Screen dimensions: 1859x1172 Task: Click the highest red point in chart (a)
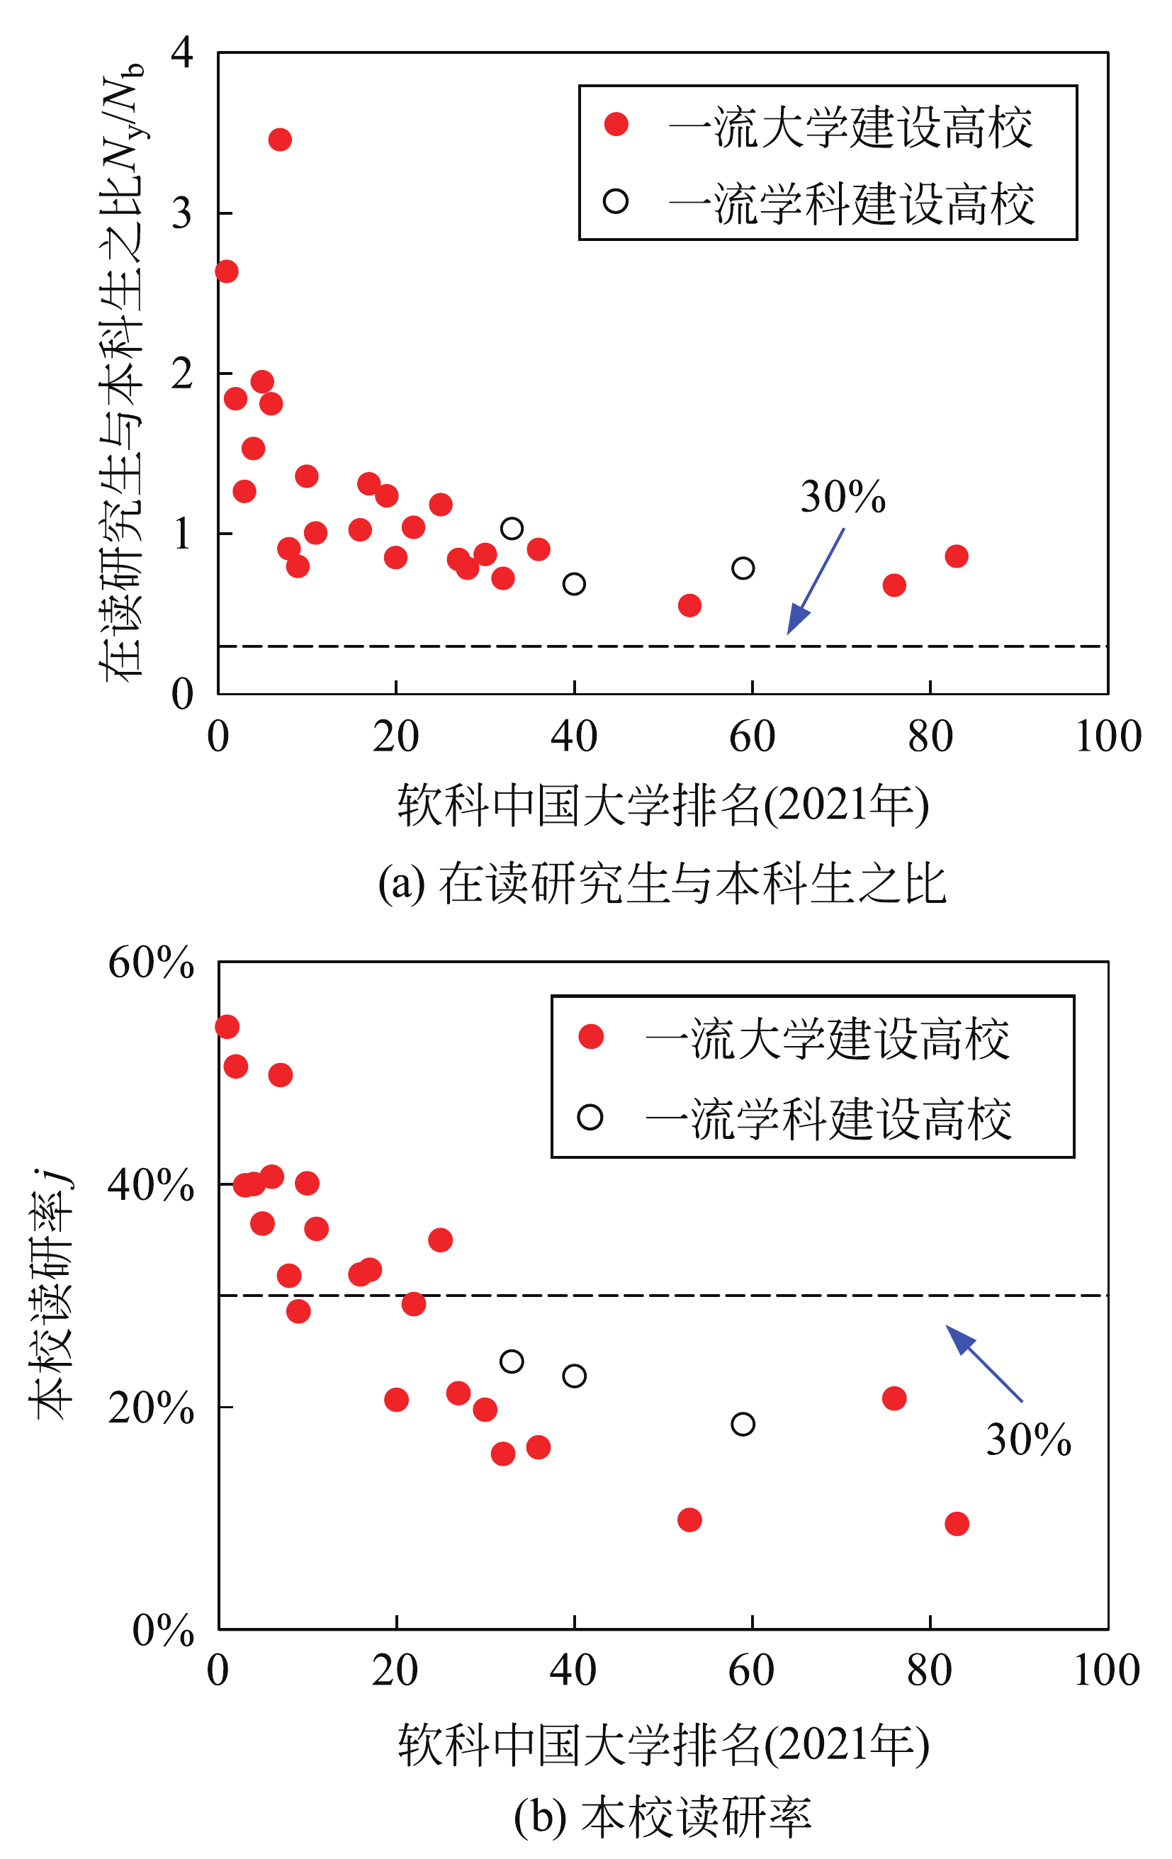(x=279, y=140)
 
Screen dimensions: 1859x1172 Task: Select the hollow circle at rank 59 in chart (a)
(x=743, y=568)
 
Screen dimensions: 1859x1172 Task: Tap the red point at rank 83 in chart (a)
(x=956, y=556)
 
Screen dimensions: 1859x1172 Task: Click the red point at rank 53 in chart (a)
(x=689, y=605)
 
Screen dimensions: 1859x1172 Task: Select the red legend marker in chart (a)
(x=615, y=124)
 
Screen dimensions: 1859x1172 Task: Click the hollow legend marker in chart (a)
(x=615, y=201)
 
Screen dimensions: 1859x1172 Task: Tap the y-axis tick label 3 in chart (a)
(x=182, y=213)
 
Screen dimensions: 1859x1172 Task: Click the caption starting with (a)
(x=662, y=884)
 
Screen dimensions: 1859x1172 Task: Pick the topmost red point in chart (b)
(x=226, y=1027)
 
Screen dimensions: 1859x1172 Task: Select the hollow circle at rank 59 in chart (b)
(x=743, y=1425)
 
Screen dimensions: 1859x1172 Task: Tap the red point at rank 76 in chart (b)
(x=894, y=1398)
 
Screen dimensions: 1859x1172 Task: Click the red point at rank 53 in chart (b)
(x=689, y=1520)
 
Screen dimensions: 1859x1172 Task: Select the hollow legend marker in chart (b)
(x=590, y=1117)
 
